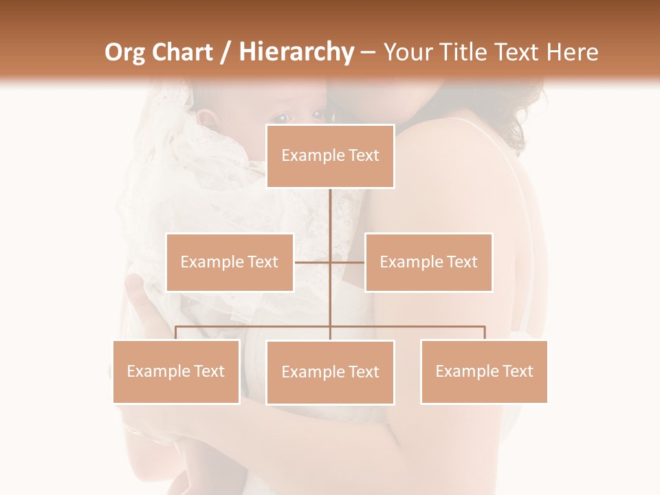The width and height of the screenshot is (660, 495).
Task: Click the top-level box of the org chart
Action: click(330, 156)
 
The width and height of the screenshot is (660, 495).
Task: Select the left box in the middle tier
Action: click(230, 262)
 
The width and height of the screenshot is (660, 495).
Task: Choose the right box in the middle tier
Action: click(428, 262)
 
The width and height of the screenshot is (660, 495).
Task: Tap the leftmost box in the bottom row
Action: click(176, 371)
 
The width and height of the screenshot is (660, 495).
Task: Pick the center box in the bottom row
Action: click(330, 372)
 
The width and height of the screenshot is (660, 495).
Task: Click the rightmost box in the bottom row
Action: click(484, 371)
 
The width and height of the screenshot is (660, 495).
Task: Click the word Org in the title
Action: click(126, 52)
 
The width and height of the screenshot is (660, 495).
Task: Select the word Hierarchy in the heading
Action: click(296, 52)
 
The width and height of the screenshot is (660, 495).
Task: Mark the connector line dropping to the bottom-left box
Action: click(176, 333)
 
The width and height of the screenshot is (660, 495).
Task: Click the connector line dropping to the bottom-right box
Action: click(484, 333)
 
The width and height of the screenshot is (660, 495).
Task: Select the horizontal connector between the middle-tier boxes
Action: click(313, 262)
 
